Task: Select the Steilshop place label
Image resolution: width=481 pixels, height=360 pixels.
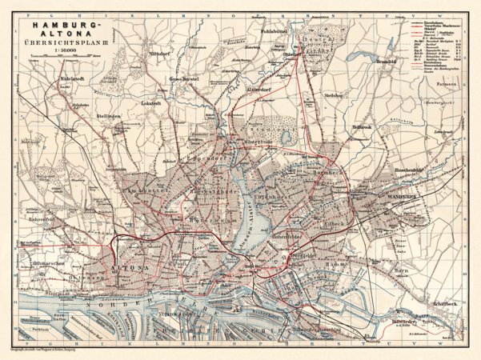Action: coord(334,95)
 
